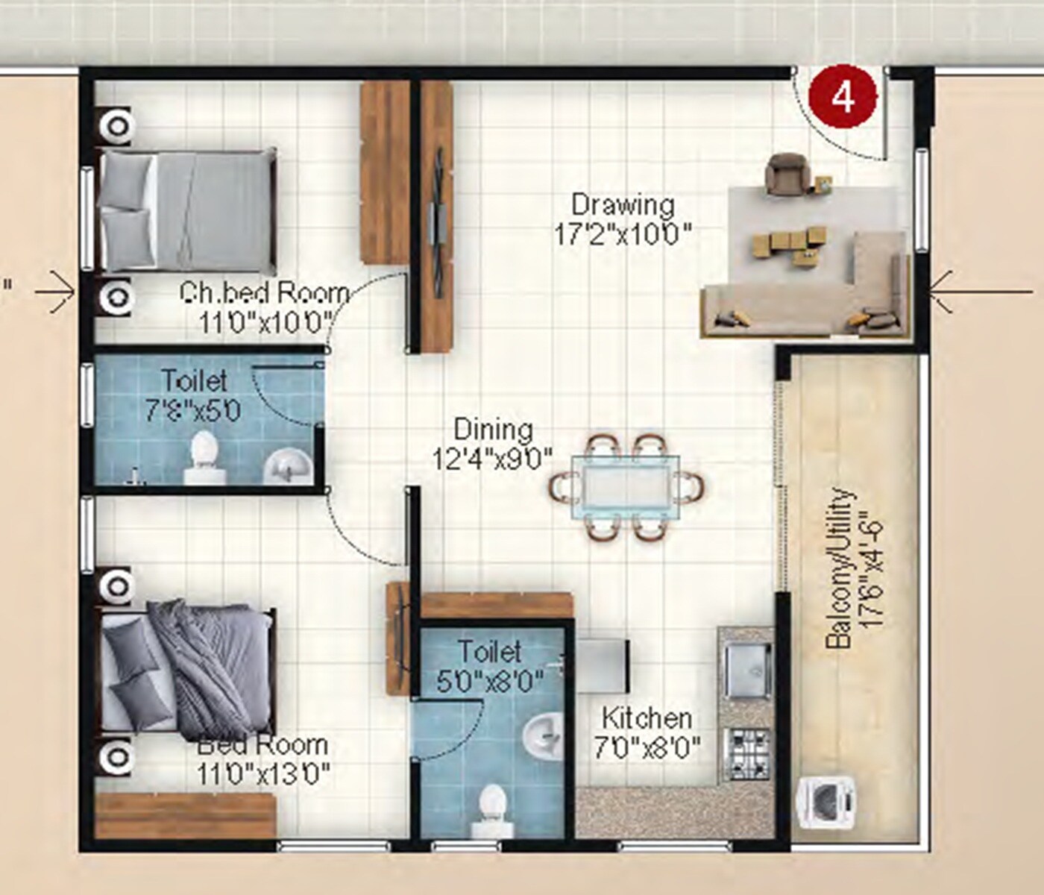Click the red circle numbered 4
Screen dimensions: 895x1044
click(x=844, y=97)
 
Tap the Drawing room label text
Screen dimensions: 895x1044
click(x=623, y=204)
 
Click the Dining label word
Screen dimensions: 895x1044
click(x=494, y=430)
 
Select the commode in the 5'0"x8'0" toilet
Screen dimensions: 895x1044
click(x=492, y=809)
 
